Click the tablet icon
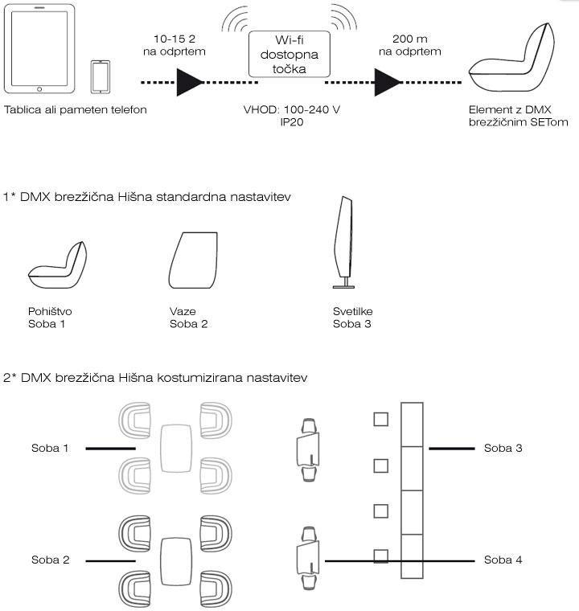41,49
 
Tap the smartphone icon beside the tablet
101,77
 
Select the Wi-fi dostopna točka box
289,55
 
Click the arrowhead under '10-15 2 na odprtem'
191,82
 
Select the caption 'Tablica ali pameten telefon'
76,109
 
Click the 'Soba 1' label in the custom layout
51,448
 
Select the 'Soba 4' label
503,560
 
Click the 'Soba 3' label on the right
503,448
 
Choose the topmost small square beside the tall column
380,419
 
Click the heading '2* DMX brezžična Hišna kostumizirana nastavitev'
156,377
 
